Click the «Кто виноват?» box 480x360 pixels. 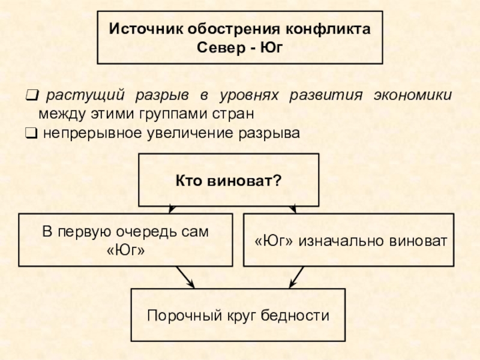[229, 180]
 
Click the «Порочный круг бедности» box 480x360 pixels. [238, 315]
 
